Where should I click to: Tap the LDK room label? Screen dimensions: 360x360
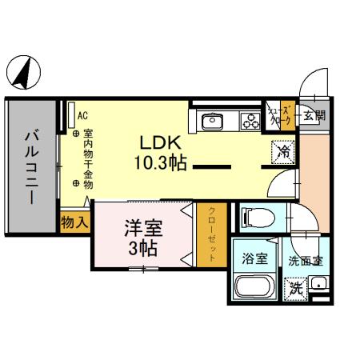(160, 144)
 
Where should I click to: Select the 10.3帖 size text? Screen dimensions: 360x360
(160, 163)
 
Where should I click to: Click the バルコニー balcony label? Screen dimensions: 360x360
(31, 166)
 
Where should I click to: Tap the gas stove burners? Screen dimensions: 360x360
(250, 122)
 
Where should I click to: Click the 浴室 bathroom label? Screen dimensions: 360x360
(254, 258)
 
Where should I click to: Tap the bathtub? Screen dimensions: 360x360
(254, 287)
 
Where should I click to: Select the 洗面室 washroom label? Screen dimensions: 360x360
(305, 258)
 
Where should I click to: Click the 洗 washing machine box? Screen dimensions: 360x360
(295, 286)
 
